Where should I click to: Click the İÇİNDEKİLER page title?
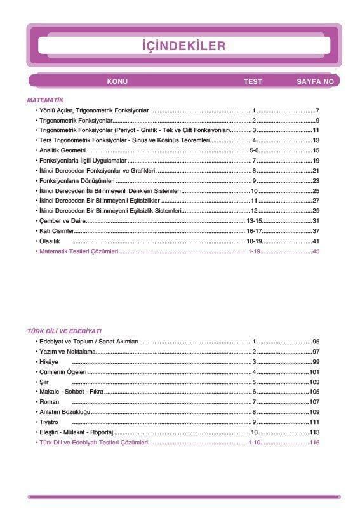tap(183, 46)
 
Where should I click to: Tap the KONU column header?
tap(117, 82)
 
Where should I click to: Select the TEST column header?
tap(253, 82)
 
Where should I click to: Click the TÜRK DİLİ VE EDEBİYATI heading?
tap(64, 331)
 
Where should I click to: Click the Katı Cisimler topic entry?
tap(56, 231)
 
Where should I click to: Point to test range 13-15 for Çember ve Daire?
tap(254, 221)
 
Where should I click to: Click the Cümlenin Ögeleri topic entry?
tap(63, 372)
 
